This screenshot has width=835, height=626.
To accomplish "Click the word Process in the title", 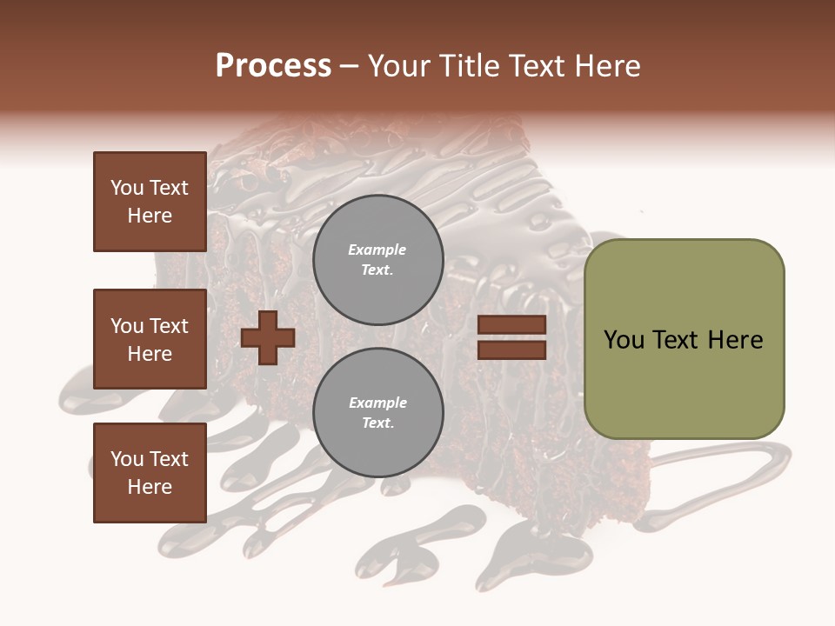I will [x=273, y=66].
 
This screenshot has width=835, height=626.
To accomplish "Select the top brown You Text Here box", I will [x=150, y=202].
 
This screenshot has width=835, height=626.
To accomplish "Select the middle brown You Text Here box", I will [x=150, y=339].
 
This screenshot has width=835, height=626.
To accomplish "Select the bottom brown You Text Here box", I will [x=150, y=473].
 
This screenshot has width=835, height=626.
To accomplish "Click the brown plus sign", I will [x=268, y=337].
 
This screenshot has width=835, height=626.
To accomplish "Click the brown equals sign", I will [x=511, y=337].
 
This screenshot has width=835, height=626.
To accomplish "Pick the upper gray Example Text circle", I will [x=377, y=260].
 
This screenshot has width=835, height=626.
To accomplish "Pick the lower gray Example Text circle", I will [x=377, y=413].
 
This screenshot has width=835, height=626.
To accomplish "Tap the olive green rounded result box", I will [x=684, y=339].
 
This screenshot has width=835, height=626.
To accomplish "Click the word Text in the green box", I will [x=675, y=340].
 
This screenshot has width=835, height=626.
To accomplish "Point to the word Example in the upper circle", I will [x=377, y=250].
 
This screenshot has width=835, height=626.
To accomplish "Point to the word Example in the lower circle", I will [x=377, y=403].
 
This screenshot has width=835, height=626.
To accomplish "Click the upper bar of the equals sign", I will [x=511, y=324].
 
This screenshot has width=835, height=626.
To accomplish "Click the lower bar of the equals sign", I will [x=511, y=350].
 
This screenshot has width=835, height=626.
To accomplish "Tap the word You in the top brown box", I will [x=126, y=188].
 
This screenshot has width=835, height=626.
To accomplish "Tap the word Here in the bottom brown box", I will [x=150, y=487].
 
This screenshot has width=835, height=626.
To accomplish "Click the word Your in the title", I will [x=398, y=66].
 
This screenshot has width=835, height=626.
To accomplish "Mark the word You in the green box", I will [x=624, y=340].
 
